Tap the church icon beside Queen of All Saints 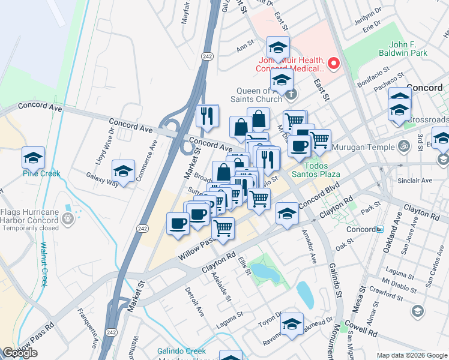pyautogui.click(x=291, y=94)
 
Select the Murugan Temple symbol pyautogui.click(x=403, y=145)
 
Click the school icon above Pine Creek pyautogui.click(x=34, y=158)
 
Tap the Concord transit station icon pyautogui.click(x=379, y=229)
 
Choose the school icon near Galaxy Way pyautogui.click(x=123, y=172)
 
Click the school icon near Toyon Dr pyautogui.click(x=292, y=323)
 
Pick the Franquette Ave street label pyautogui.click(x=88, y=328)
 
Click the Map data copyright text pyautogui.click(x=412, y=355)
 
